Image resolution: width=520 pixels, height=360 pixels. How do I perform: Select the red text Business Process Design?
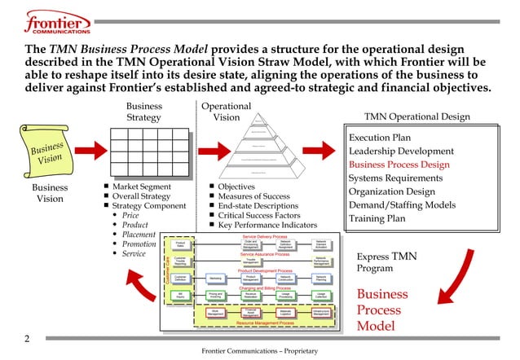[399, 165]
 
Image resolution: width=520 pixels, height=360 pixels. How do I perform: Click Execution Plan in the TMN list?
[379, 138]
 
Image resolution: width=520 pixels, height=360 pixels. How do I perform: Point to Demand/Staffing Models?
[402, 205]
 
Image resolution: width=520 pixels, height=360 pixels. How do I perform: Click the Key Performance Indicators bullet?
[273, 224]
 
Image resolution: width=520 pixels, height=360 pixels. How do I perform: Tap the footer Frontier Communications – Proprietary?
[259, 351]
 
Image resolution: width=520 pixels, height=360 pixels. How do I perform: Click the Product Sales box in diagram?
[181, 244]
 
